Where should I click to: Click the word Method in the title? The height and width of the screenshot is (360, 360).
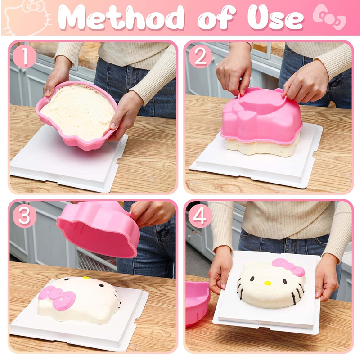click(x=121, y=18)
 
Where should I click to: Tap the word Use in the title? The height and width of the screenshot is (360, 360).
click(x=276, y=18)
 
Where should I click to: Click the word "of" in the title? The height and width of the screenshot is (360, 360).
click(x=216, y=18)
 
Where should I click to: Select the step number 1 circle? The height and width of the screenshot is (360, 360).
click(x=24, y=57)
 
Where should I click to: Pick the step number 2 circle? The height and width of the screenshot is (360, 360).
click(x=200, y=57)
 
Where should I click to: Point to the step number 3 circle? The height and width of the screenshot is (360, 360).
click(x=24, y=216)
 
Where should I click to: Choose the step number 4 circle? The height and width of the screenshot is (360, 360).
click(x=200, y=216)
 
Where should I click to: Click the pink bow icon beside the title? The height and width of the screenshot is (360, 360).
click(x=329, y=17)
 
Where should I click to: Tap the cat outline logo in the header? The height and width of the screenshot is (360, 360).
click(x=28, y=18)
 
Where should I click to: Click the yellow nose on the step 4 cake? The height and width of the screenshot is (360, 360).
click(x=267, y=283)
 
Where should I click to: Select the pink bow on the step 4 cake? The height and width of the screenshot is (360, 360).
click(x=288, y=267)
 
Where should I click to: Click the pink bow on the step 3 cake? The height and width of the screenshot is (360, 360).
click(x=58, y=297)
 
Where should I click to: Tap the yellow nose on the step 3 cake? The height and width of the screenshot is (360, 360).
click(x=86, y=278)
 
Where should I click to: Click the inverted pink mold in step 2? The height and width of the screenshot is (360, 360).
click(x=261, y=116)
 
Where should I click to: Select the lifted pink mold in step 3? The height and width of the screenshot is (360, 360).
click(x=98, y=229)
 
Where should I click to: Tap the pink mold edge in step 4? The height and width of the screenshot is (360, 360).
click(x=198, y=303)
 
